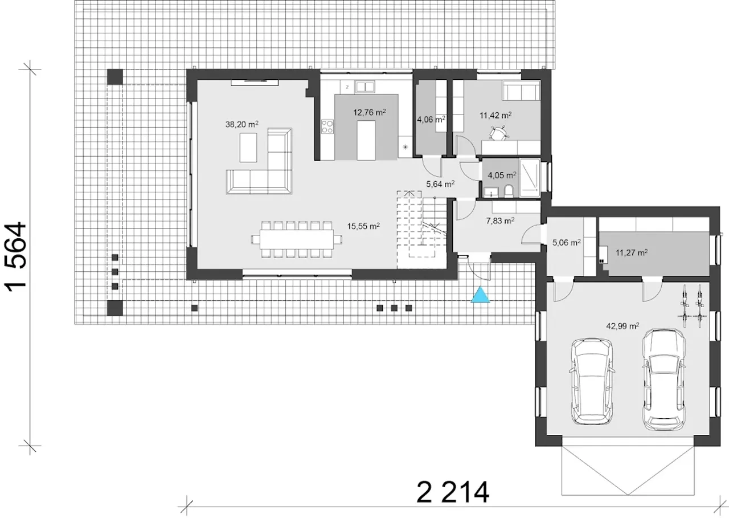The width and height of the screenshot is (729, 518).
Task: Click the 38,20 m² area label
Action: [x=242, y=124]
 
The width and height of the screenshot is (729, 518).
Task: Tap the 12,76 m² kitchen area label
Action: [x=370, y=112]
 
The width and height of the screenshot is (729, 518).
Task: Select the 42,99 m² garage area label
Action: [x=622, y=326]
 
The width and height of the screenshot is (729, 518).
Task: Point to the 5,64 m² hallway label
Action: [x=440, y=184]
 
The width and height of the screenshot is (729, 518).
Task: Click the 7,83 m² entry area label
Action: [x=500, y=221]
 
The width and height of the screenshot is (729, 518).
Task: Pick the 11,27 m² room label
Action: [x=632, y=252]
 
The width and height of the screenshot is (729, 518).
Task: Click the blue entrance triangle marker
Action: [x=480, y=295]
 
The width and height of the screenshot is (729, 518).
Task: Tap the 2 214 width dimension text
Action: [x=453, y=492]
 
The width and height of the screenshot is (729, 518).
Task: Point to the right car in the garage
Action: [x=664, y=380]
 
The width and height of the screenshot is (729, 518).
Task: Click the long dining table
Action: [x=297, y=239]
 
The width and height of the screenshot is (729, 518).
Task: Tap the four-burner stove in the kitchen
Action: [x=327, y=127]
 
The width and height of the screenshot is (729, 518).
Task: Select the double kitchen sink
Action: [x=365, y=87]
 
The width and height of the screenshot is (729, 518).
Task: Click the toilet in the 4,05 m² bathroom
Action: [x=509, y=191]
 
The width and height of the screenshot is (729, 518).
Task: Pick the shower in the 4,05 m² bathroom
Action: [x=530, y=178]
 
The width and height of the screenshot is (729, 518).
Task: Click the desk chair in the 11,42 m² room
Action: [x=498, y=133]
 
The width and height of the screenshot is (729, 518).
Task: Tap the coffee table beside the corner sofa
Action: [x=248, y=148]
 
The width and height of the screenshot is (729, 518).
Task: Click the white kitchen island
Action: [x=366, y=140]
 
